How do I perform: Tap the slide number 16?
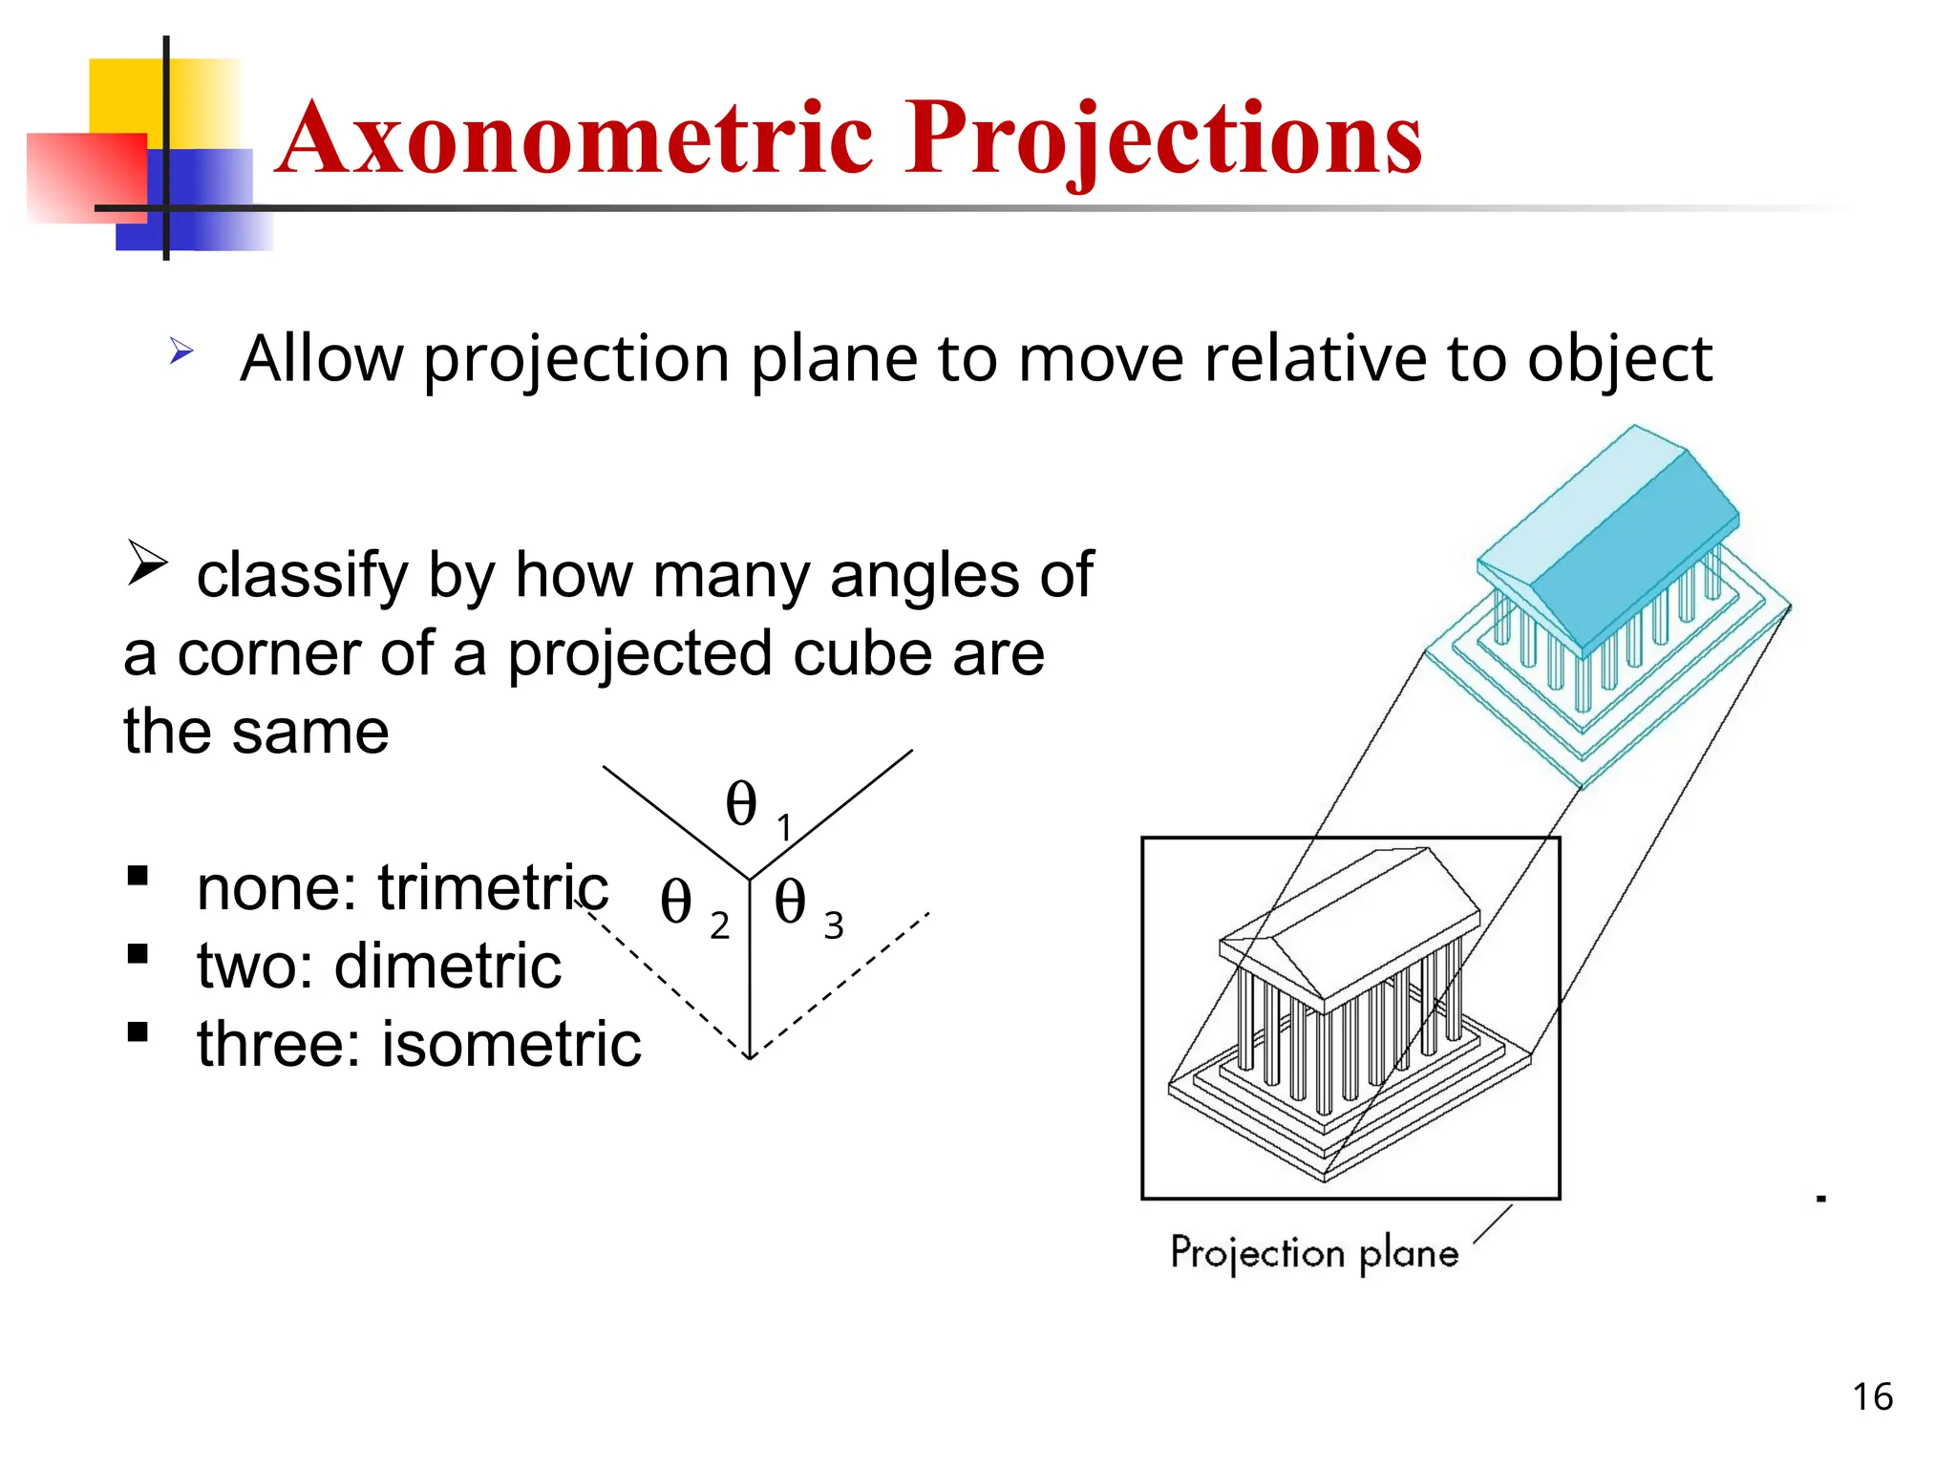(x=1872, y=1397)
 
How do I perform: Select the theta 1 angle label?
(x=755, y=807)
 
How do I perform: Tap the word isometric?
(x=511, y=1044)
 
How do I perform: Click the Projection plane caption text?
(x=1314, y=1252)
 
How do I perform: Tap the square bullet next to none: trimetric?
(x=138, y=875)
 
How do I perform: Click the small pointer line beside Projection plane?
(x=1493, y=1224)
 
